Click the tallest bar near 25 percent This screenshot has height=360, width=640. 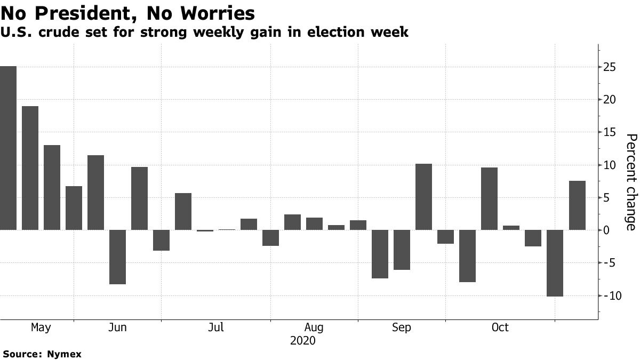point(8,148)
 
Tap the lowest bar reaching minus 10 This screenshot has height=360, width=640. point(555,263)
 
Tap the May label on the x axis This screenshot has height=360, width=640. point(41,327)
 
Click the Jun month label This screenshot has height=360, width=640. point(117,327)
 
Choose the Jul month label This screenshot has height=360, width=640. point(216,327)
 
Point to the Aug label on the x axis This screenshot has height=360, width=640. point(314,327)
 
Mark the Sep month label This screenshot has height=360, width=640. point(402,327)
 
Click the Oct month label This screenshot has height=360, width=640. point(500,327)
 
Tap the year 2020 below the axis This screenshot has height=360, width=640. point(303,340)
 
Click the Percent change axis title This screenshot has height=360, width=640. point(631,182)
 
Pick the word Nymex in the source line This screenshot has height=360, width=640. point(63,354)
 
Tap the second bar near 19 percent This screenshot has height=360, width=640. point(30,168)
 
